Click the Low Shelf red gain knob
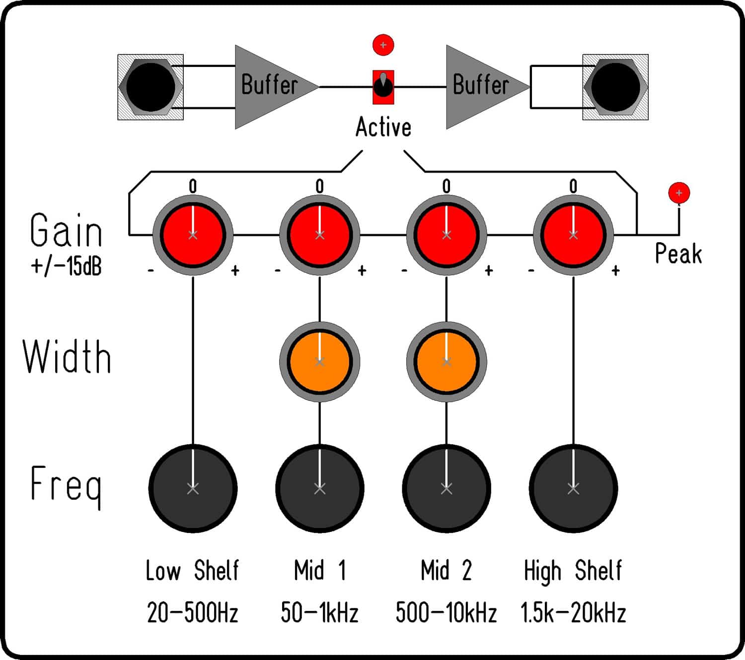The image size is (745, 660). [x=193, y=235]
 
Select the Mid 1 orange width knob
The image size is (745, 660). [x=319, y=362]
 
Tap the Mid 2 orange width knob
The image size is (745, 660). [x=447, y=362]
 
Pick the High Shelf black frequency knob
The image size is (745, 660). [x=573, y=488]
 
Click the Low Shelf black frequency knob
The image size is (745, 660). [x=193, y=488]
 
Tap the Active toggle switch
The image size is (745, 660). [x=383, y=87]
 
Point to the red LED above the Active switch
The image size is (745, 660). [x=383, y=45]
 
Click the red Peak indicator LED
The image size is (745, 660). [x=679, y=193]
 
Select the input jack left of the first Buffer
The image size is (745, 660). [x=150, y=87]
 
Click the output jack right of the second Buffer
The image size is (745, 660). [x=615, y=87]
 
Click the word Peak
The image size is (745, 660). [x=678, y=253]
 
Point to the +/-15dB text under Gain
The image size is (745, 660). [x=66, y=266]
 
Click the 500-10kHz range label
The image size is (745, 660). [x=447, y=612]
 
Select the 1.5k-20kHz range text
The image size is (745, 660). [x=573, y=612]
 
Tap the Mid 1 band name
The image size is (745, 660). [x=319, y=570]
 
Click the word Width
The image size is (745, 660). [x=67, y=356]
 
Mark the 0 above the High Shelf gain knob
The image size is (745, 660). [x=573, y=186]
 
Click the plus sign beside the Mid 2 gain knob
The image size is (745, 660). [x=489, y=271]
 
